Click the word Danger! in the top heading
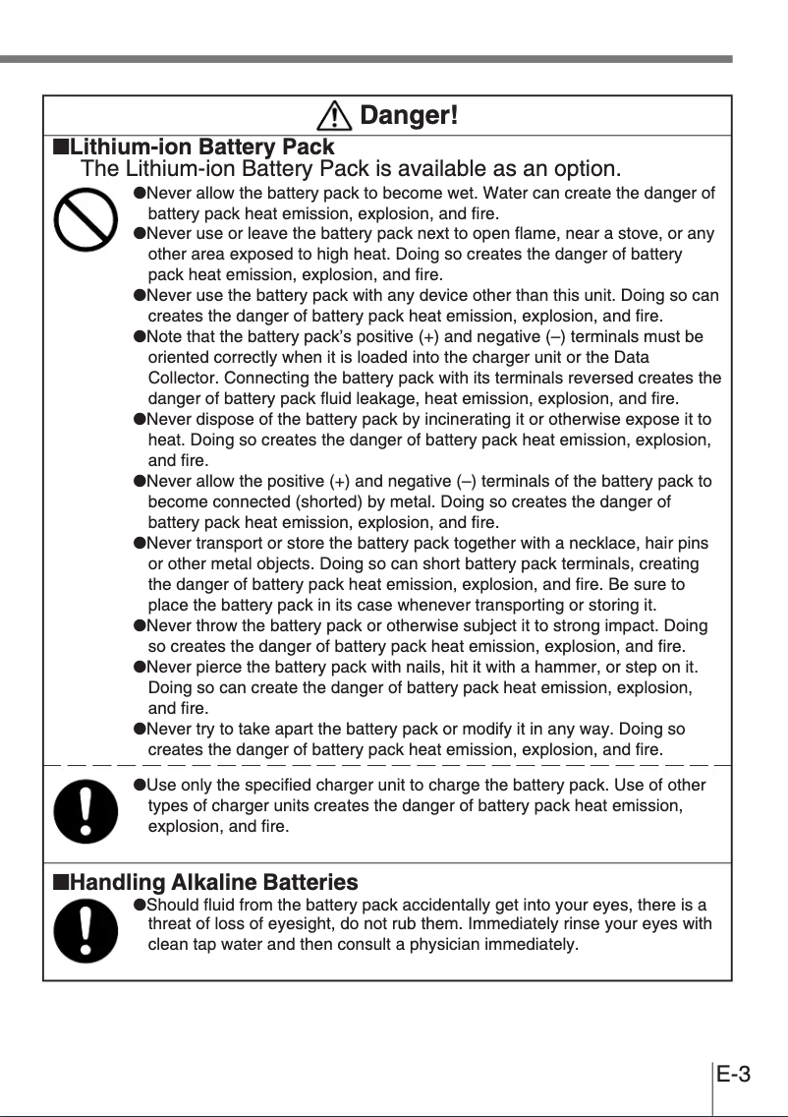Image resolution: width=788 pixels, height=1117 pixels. tap(409, 116)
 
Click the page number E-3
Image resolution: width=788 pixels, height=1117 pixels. tap(733, 1073)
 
